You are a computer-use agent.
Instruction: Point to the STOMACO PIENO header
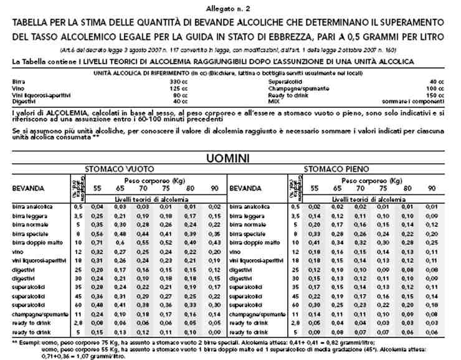coord(336,169)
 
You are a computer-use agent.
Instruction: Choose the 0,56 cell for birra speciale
coord(97,232)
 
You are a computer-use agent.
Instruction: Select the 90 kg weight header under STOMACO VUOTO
coord(213,187)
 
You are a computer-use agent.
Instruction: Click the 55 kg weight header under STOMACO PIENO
coord(315,187)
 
